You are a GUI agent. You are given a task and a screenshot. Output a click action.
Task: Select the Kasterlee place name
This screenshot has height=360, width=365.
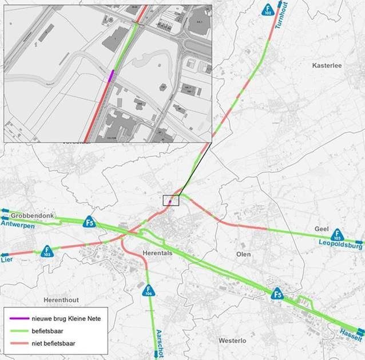point(327,66)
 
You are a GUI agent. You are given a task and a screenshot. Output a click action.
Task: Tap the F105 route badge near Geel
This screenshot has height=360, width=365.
point(337,234)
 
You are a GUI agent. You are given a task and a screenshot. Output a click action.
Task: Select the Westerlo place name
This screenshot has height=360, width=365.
point(232,341)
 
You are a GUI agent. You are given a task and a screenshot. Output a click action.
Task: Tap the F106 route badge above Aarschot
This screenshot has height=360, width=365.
point(148,290)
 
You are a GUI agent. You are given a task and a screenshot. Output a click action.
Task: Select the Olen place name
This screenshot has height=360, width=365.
point(243,253)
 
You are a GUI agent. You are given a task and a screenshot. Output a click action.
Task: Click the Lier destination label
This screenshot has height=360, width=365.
point(7,259)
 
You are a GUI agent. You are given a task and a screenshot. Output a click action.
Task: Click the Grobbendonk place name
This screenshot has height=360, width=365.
point(32,215)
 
